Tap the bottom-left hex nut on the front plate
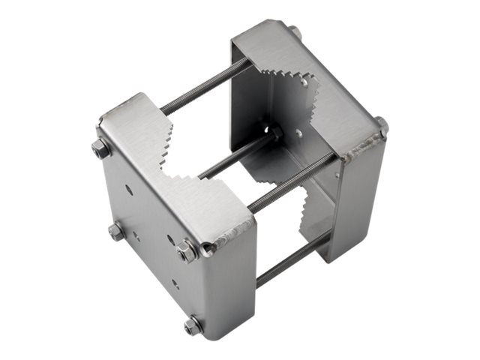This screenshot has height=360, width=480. pos(116,231)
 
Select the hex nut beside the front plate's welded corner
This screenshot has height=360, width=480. pos(187,250)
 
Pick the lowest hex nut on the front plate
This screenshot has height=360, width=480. pos(193,325)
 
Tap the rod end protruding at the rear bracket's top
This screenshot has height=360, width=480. pos(295,33)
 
